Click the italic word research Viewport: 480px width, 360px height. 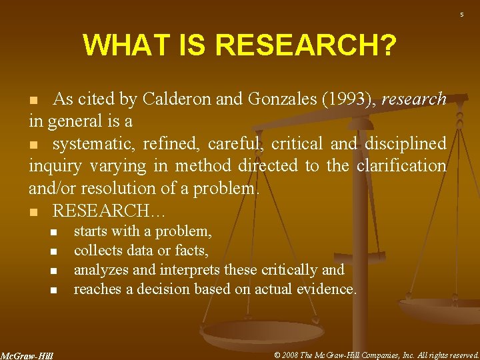pyautogui.click(x=415, y=99)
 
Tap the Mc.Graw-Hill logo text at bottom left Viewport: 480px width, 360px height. pyautogui.click(x=27, y=355)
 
